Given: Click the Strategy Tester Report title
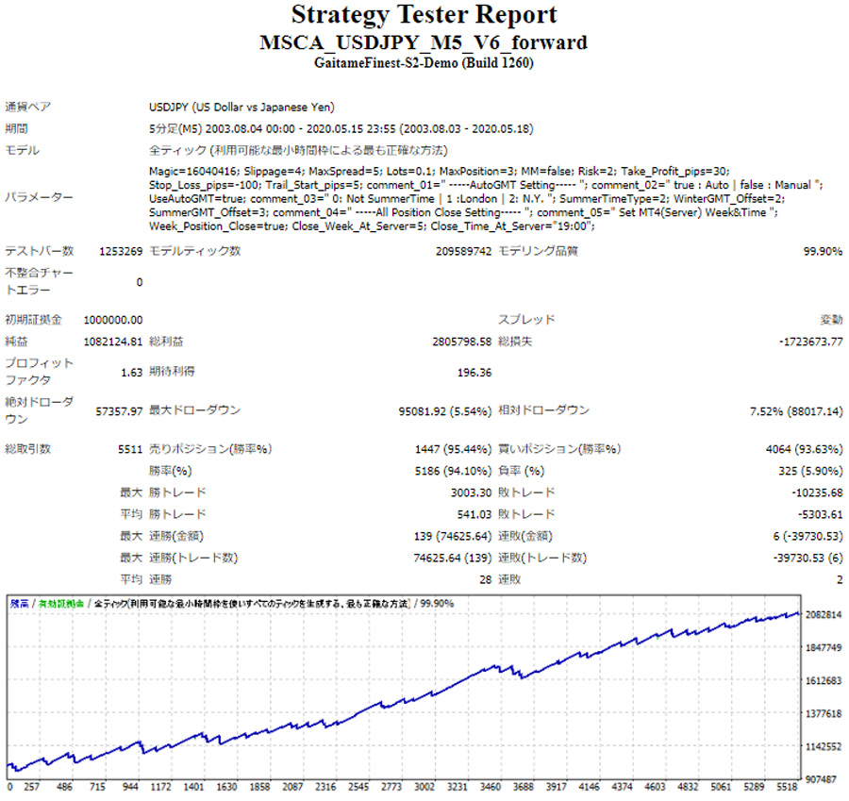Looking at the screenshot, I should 424,16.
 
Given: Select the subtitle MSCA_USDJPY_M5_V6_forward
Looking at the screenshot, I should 424,42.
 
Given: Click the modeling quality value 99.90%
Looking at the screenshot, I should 823,252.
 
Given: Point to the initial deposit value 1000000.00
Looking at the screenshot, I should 113,320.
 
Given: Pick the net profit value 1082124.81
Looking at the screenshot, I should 113,341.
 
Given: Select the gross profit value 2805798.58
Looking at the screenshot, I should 453,341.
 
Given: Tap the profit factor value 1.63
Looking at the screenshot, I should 131,373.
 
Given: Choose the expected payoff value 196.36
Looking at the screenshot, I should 474,373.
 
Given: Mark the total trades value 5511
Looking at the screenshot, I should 129,449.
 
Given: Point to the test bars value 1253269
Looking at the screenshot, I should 121,252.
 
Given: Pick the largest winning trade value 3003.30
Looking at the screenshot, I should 470,492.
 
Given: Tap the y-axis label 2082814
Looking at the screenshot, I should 824,614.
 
